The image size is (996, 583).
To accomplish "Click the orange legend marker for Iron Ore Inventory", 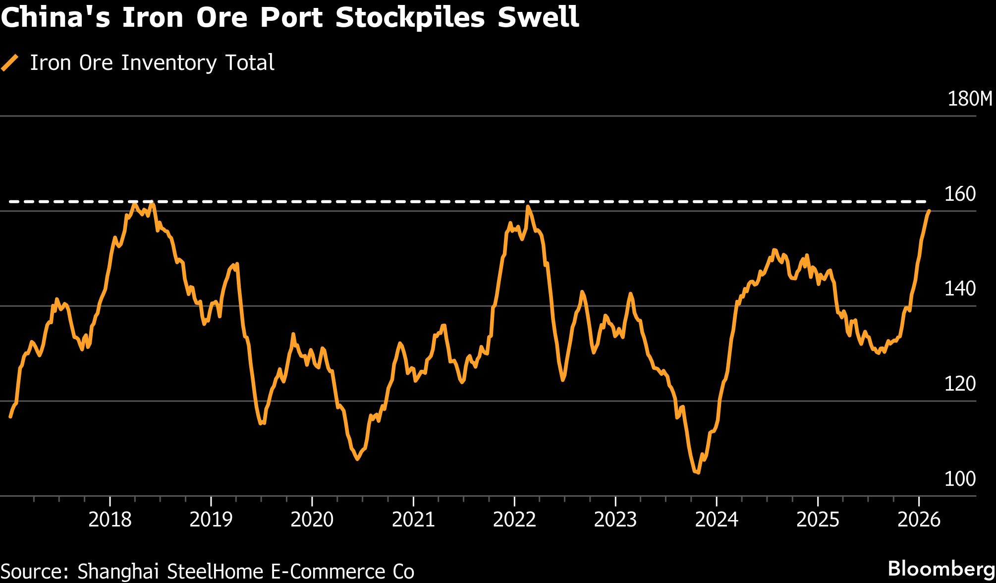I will (10, 63).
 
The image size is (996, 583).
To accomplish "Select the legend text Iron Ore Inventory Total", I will (152, 63).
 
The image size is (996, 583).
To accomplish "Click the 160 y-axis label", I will (960, 194).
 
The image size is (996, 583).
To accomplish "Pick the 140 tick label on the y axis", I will (960, 289).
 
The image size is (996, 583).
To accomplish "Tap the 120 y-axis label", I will (960, 384).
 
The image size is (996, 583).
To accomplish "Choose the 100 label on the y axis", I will (960, 479).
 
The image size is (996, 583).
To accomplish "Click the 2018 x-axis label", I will (110, 520).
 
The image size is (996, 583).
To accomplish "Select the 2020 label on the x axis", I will (312, 520).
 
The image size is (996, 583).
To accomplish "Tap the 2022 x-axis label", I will (514, 520).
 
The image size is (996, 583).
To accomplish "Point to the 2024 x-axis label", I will (717, 520).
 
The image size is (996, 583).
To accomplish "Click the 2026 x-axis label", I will (919, 520).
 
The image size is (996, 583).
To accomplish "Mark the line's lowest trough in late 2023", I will (698, 472).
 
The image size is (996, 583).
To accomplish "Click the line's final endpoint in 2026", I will (929, 211).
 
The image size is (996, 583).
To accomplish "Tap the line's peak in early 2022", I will (528, 206).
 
